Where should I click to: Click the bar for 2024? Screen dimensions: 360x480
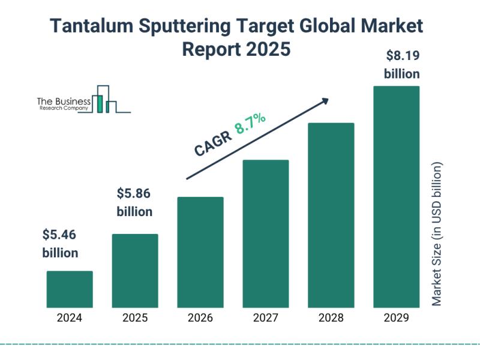point(70,289)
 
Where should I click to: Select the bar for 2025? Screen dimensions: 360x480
point(135,271)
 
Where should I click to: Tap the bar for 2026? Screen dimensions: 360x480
point(200,252)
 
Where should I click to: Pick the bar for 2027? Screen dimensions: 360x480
point(266,233)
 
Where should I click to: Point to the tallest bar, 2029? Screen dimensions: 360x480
point(396,197)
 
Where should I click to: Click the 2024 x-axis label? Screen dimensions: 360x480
point(70,318)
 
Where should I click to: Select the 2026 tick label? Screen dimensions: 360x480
point(200,318)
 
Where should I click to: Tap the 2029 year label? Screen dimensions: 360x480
point(396,318)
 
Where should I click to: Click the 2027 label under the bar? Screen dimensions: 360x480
point(266,318)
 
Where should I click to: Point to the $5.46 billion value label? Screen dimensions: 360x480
point(60,244)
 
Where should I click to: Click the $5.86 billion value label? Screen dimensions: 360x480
point(134,202)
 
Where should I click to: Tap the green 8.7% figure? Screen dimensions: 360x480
point(250,124)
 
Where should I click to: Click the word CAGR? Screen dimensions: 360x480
point(211,144)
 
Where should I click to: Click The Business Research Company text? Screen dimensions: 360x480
point(63,104)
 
